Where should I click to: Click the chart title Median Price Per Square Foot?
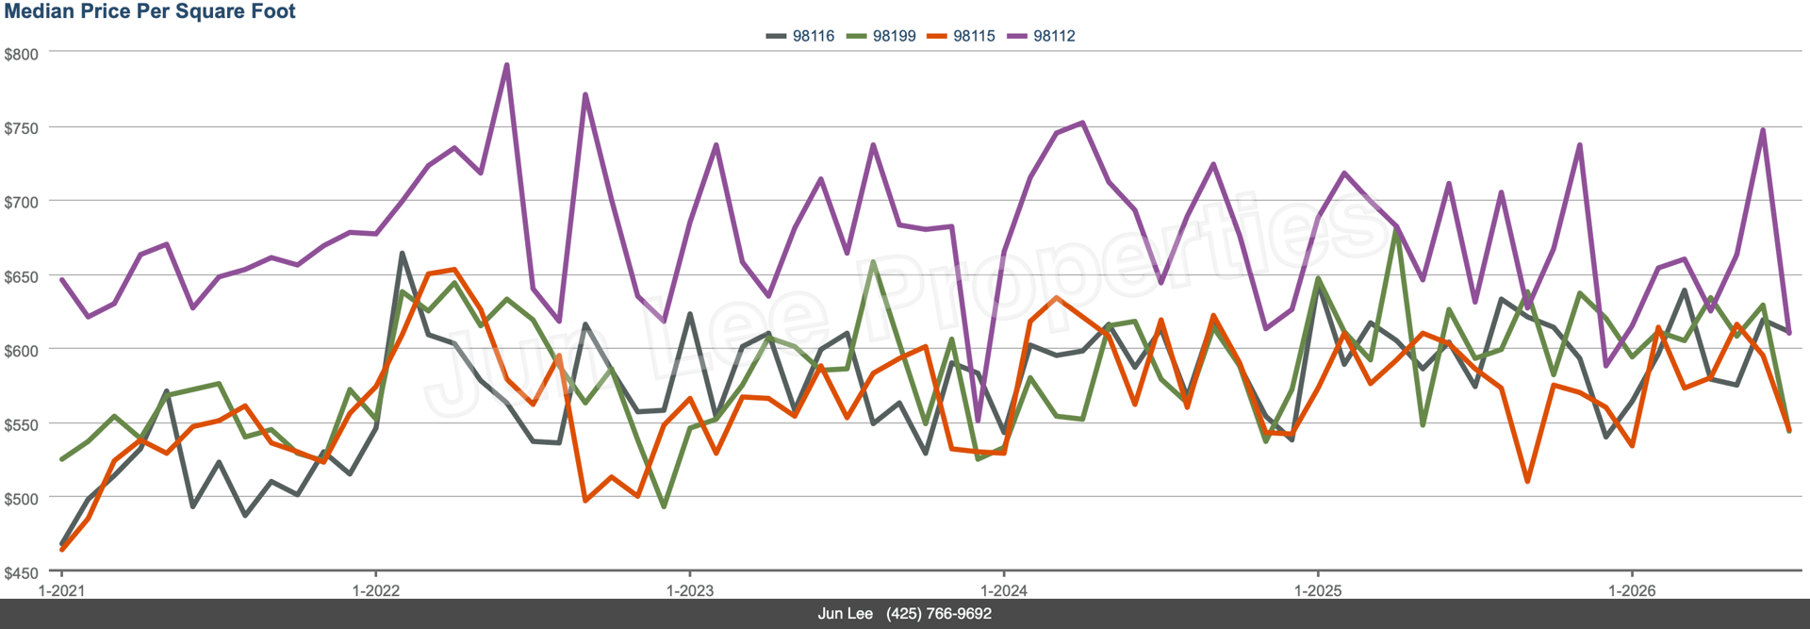coord(150,11)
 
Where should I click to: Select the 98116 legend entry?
coord(800,36)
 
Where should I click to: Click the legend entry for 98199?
coord(880,36)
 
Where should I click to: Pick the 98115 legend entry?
coord(961,36)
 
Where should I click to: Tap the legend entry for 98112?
coord(1041,36)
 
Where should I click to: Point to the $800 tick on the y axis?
coord(22,55)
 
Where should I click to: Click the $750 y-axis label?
coord(22,128)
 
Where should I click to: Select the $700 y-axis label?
coord(22,203)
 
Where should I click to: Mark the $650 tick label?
coord(22,277)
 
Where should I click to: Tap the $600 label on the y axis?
coord(22,351)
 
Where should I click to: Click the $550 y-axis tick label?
coord(22,425)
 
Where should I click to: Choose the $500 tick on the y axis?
coord(22,499)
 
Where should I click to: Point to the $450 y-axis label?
coord(22,573)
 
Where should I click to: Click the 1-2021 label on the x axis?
coord(61,591)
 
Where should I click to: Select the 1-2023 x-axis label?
coord(690,591)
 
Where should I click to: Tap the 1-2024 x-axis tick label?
coord(1004,591)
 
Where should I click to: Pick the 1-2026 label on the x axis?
coord(1632,591)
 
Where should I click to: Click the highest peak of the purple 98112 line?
coord(507,65)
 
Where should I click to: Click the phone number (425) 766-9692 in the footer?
coord(939,614)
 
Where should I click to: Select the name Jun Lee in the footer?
coord(846,614)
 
